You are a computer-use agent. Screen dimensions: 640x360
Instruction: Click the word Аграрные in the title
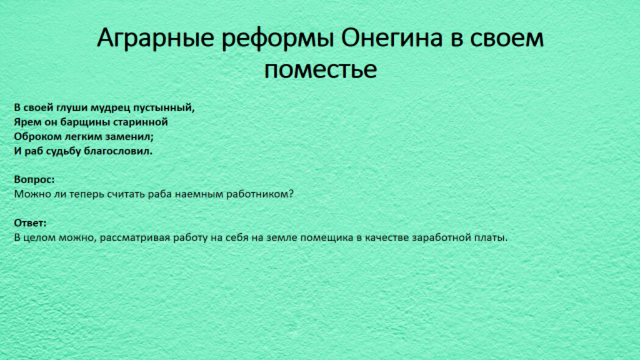pos(155,39)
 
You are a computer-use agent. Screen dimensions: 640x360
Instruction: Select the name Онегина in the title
pos(392,38)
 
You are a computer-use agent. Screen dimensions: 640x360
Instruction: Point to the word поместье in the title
pos(321,69)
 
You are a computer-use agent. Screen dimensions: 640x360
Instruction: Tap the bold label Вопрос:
pos(34,179)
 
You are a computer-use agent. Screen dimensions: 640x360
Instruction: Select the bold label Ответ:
pos(30,223)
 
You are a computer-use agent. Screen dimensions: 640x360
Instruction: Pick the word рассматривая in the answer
pos(135,237)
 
